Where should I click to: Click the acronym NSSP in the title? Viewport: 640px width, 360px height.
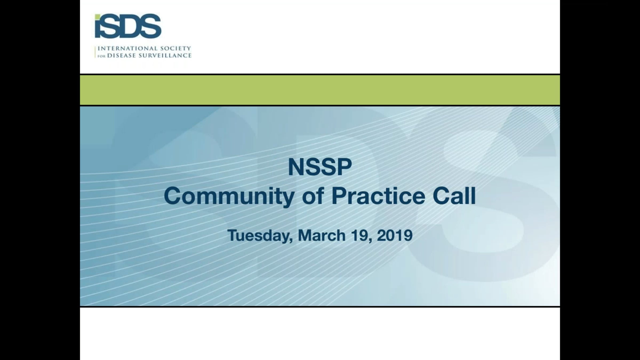pos(320,167)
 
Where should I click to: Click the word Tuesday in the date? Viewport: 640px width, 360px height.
pos(260,235)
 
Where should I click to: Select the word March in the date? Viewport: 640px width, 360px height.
pos(322,235)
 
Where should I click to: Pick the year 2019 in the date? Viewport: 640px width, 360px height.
pos(395,235)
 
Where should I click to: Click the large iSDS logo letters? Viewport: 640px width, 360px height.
pos(128,26)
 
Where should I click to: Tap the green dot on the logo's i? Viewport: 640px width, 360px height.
pos(98,17)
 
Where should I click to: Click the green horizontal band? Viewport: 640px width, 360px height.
pos(320,90)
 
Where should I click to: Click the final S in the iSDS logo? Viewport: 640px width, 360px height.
pos(151,26)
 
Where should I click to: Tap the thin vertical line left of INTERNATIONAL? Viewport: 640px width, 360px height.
pos(95,52)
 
